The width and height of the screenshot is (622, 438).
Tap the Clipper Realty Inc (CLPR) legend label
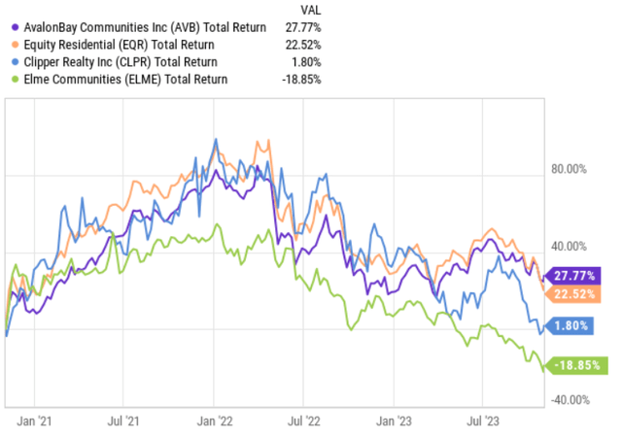tap(131, 61)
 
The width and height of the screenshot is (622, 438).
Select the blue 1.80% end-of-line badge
tap(573, 327)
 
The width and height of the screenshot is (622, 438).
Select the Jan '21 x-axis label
tap(35, 422)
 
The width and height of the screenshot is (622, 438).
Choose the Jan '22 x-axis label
tap(214, 422)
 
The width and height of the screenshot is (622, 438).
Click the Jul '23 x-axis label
tap(483, 422)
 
